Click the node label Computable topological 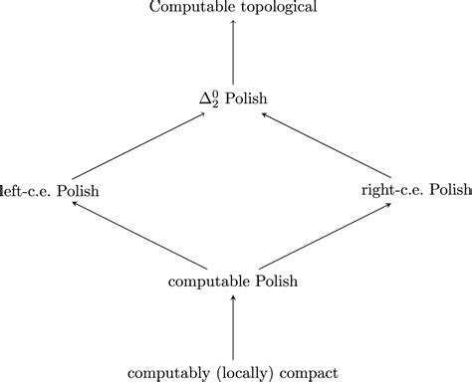[233, 8]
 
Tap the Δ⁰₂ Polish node [233, 97]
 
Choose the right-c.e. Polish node [415, 190]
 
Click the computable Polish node [233, 282]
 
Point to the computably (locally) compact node [233, 373]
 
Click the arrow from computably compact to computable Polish [233, 327]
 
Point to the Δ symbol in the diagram [205, 98]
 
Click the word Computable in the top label [188, 8]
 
